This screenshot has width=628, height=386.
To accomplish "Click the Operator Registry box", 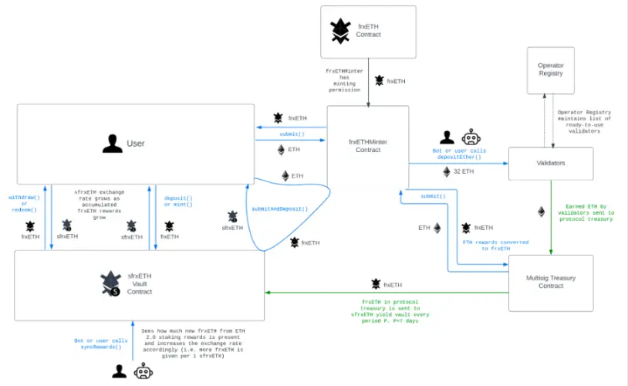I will tap(550, 70).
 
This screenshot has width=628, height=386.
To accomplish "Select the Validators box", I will tap(550, 164).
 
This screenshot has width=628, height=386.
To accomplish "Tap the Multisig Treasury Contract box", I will tap(550, 283).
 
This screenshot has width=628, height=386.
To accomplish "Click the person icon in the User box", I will tap(113, 144).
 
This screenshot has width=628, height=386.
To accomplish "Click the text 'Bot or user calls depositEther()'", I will tap(458, 154).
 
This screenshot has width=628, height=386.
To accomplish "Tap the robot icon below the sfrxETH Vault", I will tap(143, 372).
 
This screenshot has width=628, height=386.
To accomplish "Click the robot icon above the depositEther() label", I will tap(471, 137).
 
